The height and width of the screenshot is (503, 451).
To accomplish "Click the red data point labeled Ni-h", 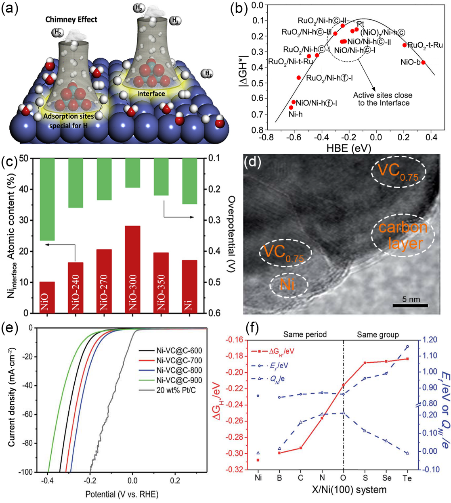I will pyautogui.click(x=291, y=108).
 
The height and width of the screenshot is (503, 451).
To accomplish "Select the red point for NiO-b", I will pyautogui.click(x=423, y=63).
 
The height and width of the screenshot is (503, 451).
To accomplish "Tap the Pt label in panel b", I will pyautogui.click(x=361, y=24).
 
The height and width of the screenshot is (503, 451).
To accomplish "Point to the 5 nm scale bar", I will pyautogui.click(x=410, y=306).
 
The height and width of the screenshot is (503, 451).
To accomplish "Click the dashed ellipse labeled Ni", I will pyautogui.click(x=288, y=285).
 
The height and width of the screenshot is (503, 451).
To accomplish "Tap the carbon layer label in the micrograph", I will pyautogui.click(x=403, y=236).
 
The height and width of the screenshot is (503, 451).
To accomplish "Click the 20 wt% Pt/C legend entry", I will pyautogui.click(x=176, y=390).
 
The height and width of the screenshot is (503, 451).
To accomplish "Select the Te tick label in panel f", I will pyautogui.click(x=407, y=478).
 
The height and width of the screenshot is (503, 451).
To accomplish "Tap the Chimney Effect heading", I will pyautogui.click(x=71, y=19).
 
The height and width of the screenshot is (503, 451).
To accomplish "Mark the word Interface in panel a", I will pyautogui.click(x=151, y=94).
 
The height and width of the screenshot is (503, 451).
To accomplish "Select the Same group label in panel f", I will pyautogui.click(x=378, y=335).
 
